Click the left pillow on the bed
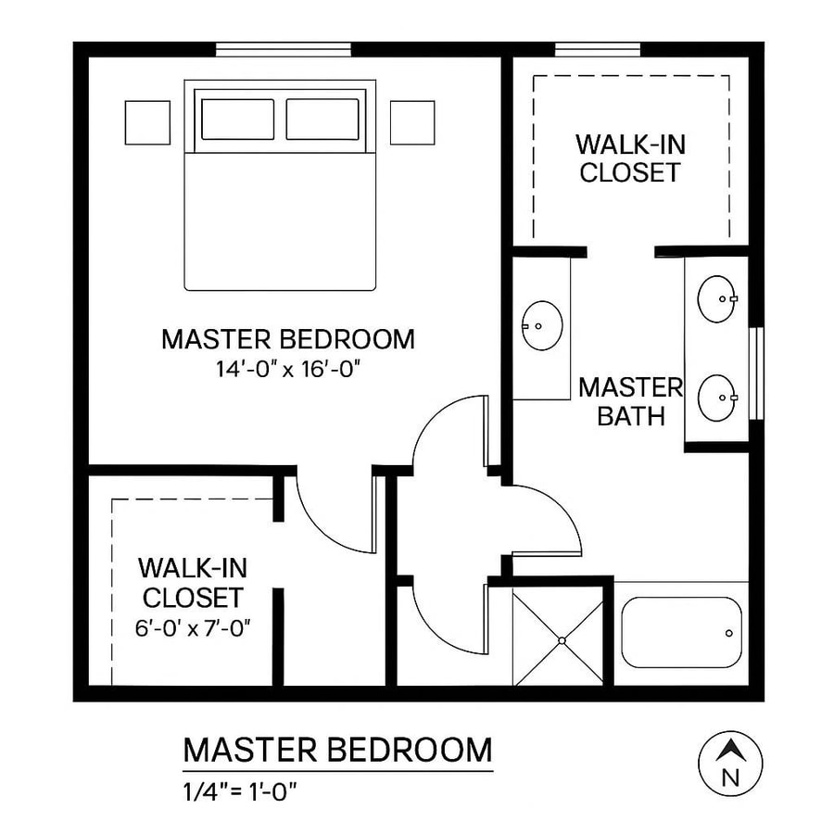237,120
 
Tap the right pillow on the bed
322,120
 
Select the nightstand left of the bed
147,122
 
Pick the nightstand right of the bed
411,122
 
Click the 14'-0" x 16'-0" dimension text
287,369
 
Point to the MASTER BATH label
630,401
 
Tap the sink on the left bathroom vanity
542,325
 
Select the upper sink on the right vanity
717,298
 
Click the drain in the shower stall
562,639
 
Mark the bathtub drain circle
729,633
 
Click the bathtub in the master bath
681,632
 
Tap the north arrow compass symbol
730,762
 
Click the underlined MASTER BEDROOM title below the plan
337,750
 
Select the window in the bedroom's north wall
283,49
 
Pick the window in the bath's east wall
755,373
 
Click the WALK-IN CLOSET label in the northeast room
630,158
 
